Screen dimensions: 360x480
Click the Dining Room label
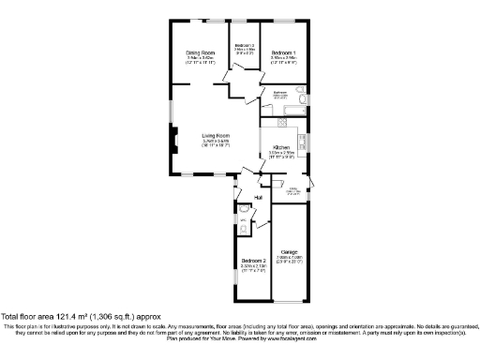200,52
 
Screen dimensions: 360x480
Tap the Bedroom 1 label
283,52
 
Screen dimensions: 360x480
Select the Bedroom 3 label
245,46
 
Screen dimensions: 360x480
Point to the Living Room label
216,135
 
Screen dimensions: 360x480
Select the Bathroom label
279,93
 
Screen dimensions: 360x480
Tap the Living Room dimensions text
216,143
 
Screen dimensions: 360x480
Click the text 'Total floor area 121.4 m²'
56,318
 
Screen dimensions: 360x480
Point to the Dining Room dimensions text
200,58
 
